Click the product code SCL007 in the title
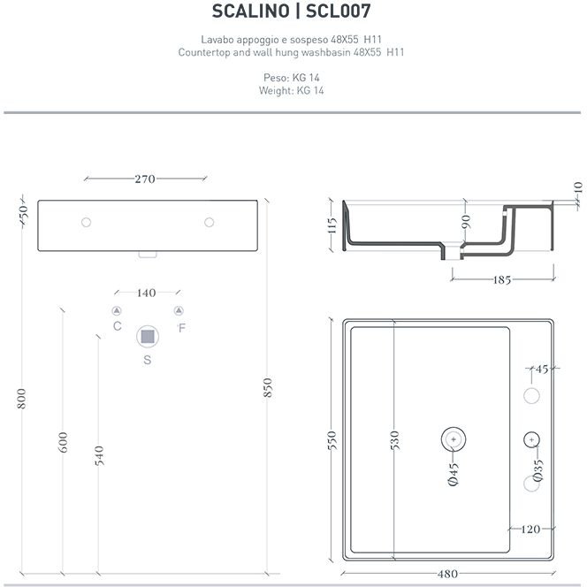pyautogui.click(x=338, y=11)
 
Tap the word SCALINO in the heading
pyautogui.click(x=250, y=11)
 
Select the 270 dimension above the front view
pyautogui.click(x=145, y=179)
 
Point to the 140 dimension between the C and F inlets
pyautogui.click(x=146, y=293)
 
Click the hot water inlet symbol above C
pyautogui.click(x=117, y=310)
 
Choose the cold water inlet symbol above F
pyautogui.click(x=179, y=310)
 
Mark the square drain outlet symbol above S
pyautogui.click(x=148, y=337)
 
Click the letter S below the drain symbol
pyautogui.click(x=147, y=360)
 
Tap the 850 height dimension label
pyautogui.click(x=267, y=387)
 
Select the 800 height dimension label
pyautogui.click(x=22, y=399)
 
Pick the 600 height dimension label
pyautogui.click(x=64, y=442)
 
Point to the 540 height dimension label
pyautogui.click(x=99, y=455)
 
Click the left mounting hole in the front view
pyautogui.click(x=86, y=223)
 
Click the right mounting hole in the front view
pyautogui.click(x=209, y=223)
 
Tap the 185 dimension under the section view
pyautogui.click(x=502, y=279)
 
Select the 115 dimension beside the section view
pyautogui.click(x=332, y=225)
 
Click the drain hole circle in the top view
pyautogui.click(x=454, y=438)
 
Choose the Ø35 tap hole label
pyautogui.click(x=537, y=469)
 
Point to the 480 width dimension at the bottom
pyautogui.click(x=447, y=574)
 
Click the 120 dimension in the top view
pyautogui.click(x=530, y=529)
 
